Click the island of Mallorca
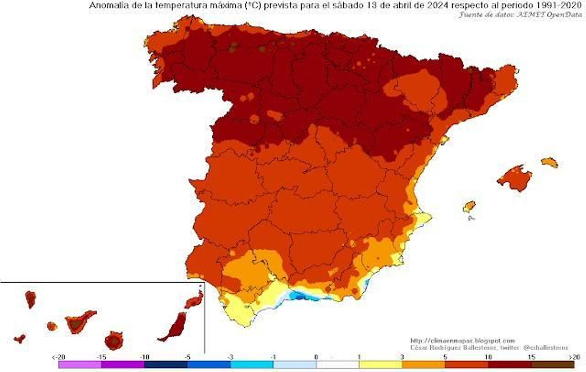tap(515, 178)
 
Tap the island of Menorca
tap(549, 162)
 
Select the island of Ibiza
tap(469, 207)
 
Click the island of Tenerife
tap(78, 322)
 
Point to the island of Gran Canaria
tap(114, 341)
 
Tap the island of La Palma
tap(30, 299)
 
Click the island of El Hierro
tap(20, 338)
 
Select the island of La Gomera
tap(52, 326)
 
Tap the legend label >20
tap(575, 357)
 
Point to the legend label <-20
tap(58, 357)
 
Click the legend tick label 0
tap(316, 357)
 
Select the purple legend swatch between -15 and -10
tap(123, 365)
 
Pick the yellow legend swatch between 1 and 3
tap(381, 365)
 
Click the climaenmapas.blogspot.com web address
tap(462, 340)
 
